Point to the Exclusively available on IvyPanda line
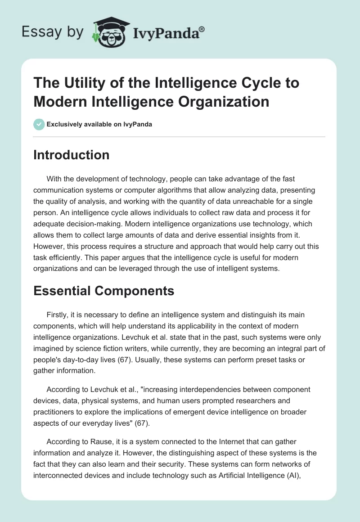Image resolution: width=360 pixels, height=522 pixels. pyautogui.click(x=99, y=124)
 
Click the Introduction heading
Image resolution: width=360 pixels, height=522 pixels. pyautogui.click(x=72, y=155)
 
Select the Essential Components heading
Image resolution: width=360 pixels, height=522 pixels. pyautogui.click(x=104, y=291)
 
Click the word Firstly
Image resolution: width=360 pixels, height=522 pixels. pyautogui.click(x=58, y=315)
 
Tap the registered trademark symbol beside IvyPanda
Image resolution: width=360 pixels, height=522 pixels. pyautogui.click(x=202, y=29)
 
